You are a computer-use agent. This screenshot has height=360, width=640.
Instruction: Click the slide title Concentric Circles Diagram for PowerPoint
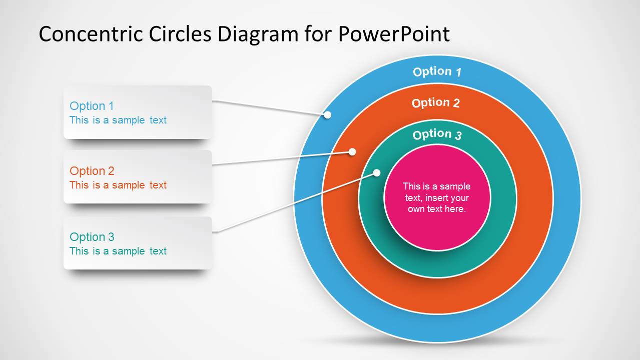[x=244, y=34]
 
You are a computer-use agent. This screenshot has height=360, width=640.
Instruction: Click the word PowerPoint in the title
[x=394, y=34]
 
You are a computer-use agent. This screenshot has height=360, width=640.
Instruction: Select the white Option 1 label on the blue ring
[x=437, y=71]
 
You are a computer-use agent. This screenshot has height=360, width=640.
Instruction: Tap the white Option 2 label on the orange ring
[x=435, y=103]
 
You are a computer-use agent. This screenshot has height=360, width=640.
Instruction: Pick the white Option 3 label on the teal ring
[x=437, y=134]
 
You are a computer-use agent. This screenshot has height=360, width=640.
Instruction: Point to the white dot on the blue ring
[x=327, y=114]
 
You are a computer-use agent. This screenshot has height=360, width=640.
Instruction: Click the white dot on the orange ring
[x=352, y=151]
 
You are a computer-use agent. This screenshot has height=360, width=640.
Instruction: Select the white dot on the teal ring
[x=377, y=173]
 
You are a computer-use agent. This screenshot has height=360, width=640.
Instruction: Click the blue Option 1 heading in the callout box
[x=92, y=106]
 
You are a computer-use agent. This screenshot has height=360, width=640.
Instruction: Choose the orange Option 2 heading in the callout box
[x=92, y=171]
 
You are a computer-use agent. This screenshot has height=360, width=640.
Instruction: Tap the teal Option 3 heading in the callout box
[x=92, y=237]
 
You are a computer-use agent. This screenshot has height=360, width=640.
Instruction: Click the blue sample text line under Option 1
[x=118, y=120]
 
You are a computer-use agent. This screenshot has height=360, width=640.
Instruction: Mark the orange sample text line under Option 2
[x=118, y=185]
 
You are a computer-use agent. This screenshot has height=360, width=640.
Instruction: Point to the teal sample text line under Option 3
[x=118, y=251]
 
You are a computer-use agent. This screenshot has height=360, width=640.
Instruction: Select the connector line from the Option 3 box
[x=295, y=203]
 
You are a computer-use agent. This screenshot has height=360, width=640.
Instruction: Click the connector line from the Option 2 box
[x=280, y=158]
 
